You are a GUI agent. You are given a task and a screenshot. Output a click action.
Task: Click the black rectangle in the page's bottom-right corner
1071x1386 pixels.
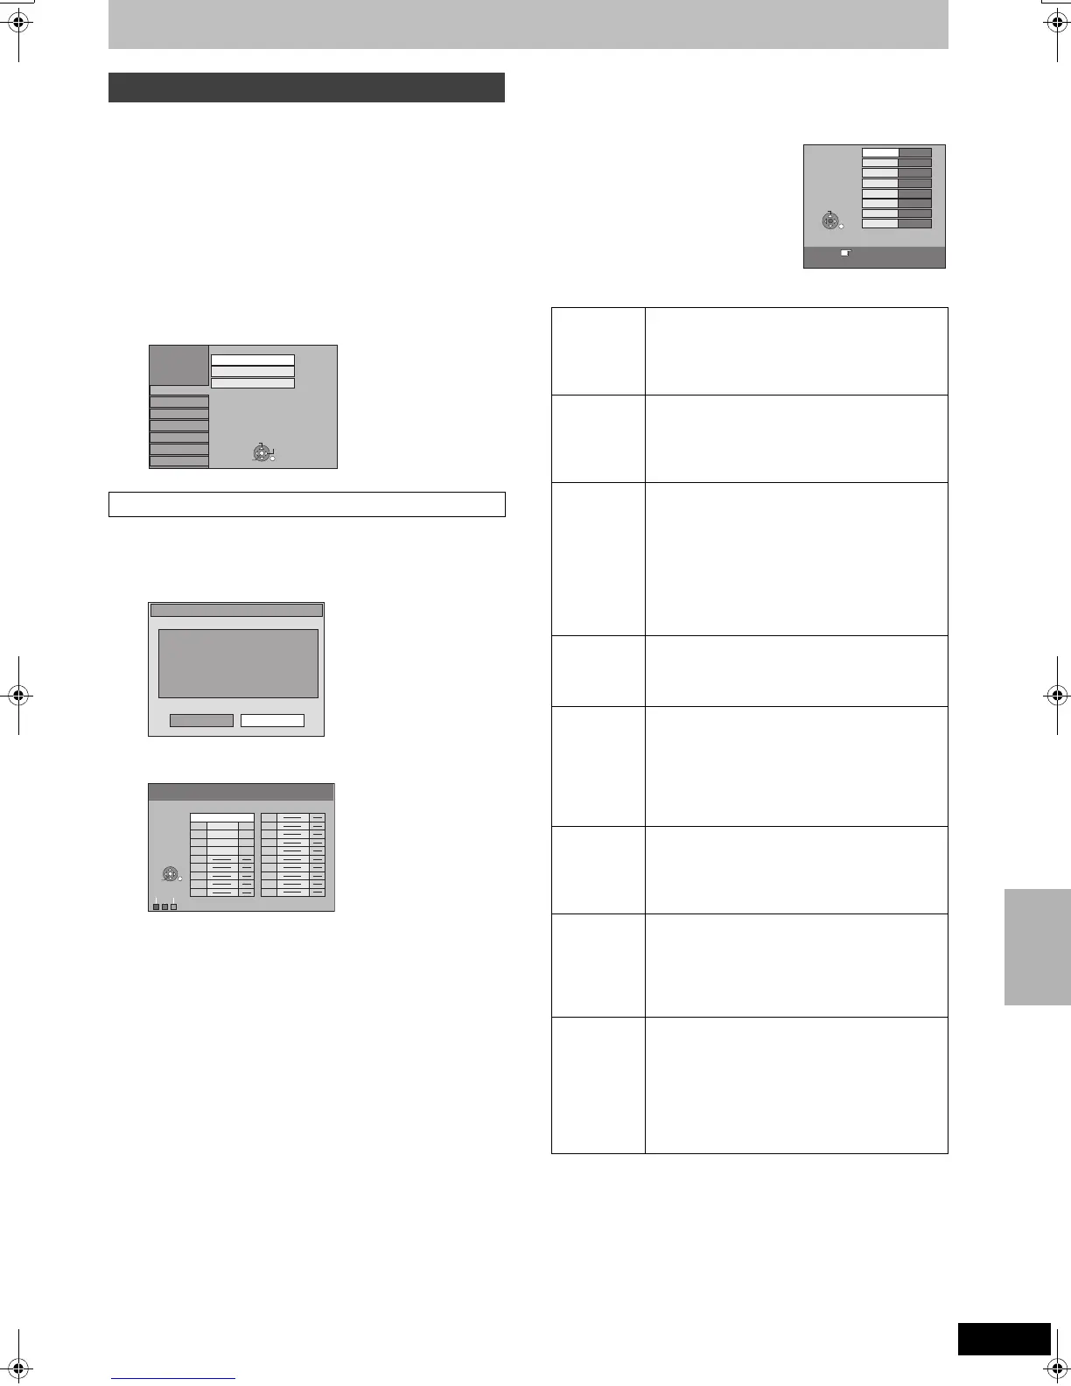click(x=1004, y=1339)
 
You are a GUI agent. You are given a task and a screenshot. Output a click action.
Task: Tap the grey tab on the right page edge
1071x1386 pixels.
click(x=1038, y=947)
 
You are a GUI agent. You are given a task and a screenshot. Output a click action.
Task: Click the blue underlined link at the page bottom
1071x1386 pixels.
click(x=173, y=1379)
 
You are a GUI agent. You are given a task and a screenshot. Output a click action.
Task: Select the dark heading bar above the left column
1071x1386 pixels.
click(x=306, y=87)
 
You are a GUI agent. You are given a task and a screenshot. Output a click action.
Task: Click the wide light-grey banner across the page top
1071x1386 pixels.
click(x=528, y=24)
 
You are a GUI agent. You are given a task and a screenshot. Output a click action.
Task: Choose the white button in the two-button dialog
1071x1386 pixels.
click(x=272, y=720)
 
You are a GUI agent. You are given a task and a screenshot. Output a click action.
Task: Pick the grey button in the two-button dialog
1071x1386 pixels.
click(x=201, y=720)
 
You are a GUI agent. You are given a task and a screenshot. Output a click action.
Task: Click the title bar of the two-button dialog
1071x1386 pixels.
click(x=236, y=610)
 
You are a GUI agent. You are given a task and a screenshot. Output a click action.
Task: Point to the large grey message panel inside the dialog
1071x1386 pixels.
click(x=238, y=663)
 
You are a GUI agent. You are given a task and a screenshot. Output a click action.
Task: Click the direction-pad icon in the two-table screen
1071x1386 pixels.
click(x=171, y=874)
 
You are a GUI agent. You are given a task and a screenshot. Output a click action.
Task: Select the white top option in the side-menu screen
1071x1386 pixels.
click(x=253, y=360)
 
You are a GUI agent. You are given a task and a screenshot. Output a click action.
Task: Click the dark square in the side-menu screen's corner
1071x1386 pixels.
click(x=179, y=364)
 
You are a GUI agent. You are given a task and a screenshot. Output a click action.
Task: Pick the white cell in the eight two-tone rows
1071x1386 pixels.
click(x=880, y=152)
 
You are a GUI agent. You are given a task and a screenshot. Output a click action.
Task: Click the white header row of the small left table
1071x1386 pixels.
click(x=222, y=817)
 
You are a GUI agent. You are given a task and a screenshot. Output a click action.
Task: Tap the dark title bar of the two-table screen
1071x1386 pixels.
click(x=241, y=792)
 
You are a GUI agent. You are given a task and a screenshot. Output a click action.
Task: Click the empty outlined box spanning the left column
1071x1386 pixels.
click(x=307, y=505)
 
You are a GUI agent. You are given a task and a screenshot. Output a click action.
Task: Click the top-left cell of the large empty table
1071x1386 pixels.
click(x=598, y=351)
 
